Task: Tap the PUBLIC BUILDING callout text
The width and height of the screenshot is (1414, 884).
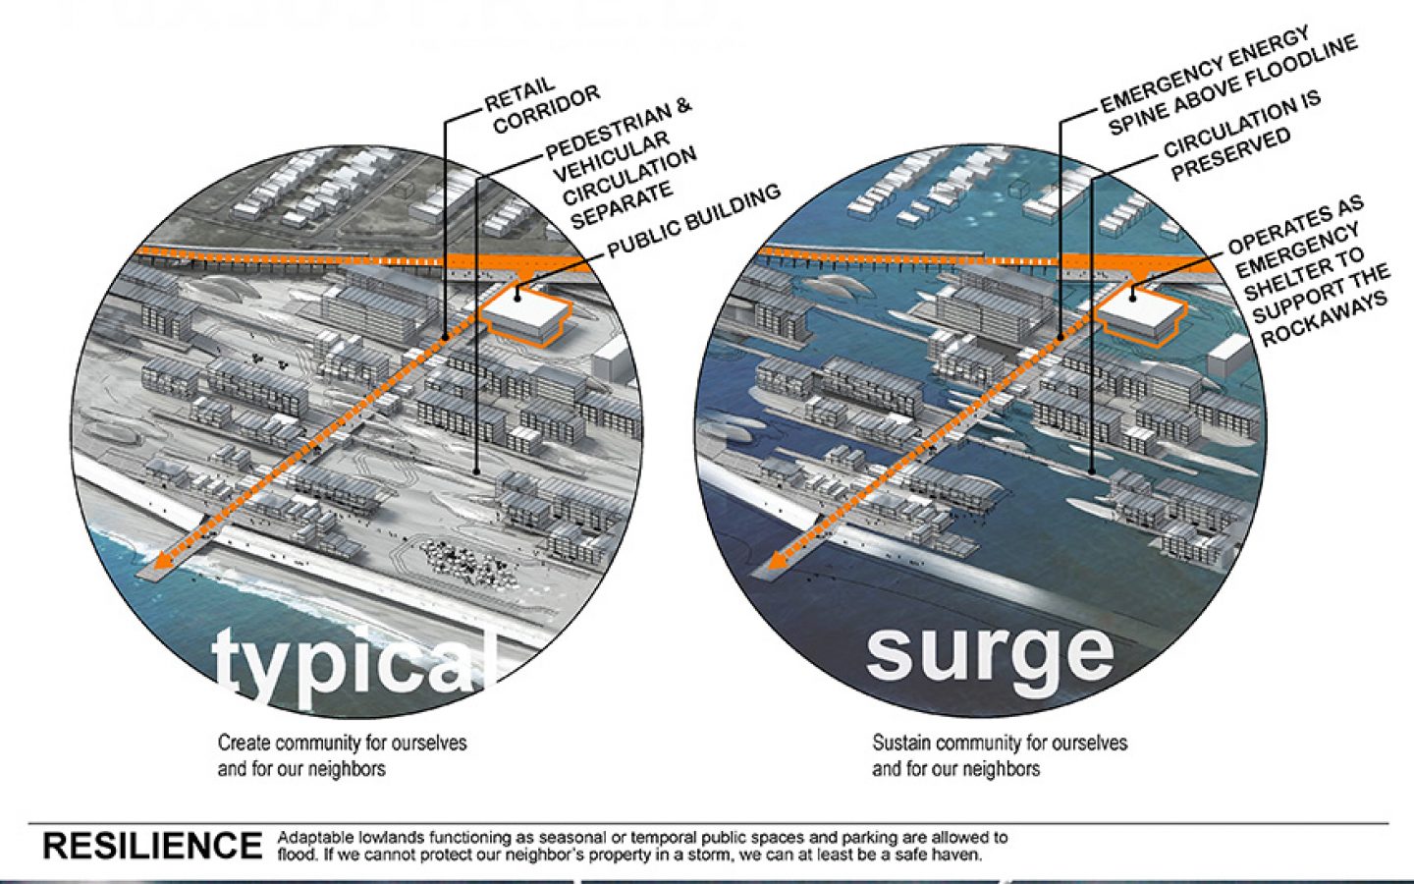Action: click(x=693, y=222)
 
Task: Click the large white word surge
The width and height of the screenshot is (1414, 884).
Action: click(x=989, y=651)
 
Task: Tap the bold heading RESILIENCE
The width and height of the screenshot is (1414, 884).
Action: click(x=152, y=846)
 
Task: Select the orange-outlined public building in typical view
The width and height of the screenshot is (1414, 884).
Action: click(x=527, y=316)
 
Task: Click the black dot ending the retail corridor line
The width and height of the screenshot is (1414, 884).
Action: click(x=446, y=337)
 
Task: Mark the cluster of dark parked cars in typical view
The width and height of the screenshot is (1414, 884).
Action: click(x=466, y=564)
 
